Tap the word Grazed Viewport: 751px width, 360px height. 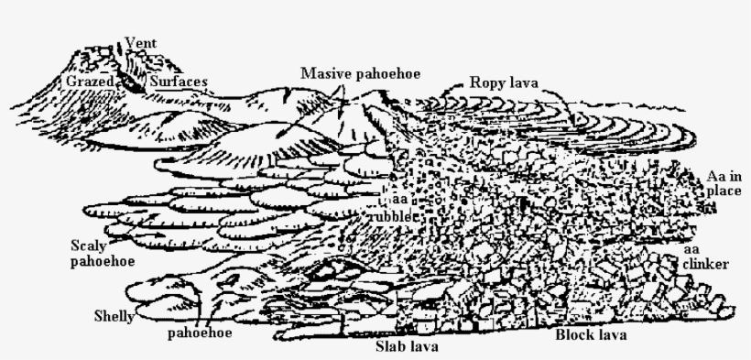[x=90, y=82]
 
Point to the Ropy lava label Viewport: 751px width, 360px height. [x=503, y=82]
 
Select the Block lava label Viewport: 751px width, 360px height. [x=591, y=334]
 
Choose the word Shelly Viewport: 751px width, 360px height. [x=114, y=317]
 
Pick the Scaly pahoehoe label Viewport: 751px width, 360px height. [x=103, y=254]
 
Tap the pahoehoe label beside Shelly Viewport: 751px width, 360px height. [x=199, y=333]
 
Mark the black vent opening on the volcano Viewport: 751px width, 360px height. [x=134, y=81]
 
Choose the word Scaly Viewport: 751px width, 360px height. [x=90, y=245]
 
